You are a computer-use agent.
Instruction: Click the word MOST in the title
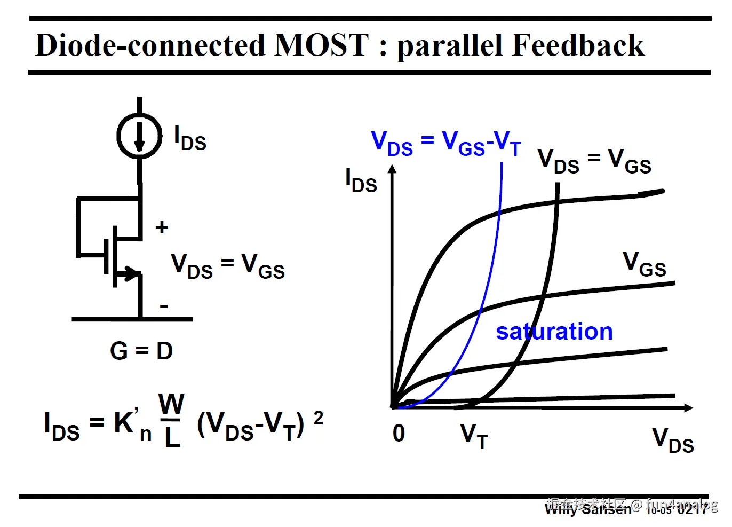[x=321, y=45]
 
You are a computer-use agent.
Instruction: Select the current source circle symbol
[x=139, y=136]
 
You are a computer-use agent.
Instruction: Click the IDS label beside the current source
[x=190, y=139]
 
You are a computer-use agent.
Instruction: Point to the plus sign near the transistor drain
[x=162, y=227]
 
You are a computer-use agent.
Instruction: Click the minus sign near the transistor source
[x=164, y=306]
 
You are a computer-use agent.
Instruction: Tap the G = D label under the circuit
[x=141, y=351]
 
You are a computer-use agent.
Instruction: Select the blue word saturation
[x=554, y=332]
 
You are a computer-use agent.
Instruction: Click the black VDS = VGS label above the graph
[x=594, y=161]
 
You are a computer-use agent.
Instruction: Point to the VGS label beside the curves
[x=645, y=264]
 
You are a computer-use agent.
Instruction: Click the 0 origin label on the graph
[x=399, y=434]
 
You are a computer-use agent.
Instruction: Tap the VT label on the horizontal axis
[x=474, y=436]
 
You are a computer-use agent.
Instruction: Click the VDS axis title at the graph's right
[x=673, y=441]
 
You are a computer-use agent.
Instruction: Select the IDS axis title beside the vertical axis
[x=361, y=180]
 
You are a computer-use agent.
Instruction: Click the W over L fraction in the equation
[x=171, y=420]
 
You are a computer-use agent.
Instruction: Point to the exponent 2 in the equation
[x=318, y=418]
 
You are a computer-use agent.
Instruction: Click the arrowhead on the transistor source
[x=130, y=273]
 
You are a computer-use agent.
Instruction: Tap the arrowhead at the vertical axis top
[x=392, y=169]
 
